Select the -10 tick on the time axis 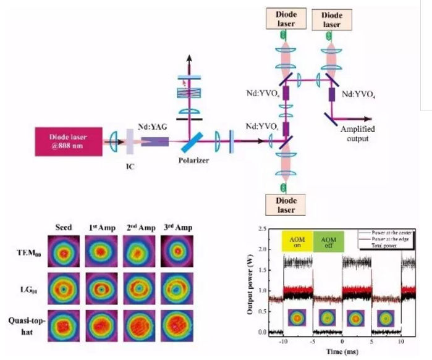[x=283, y=341]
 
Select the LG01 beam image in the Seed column [x=64, y=288]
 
